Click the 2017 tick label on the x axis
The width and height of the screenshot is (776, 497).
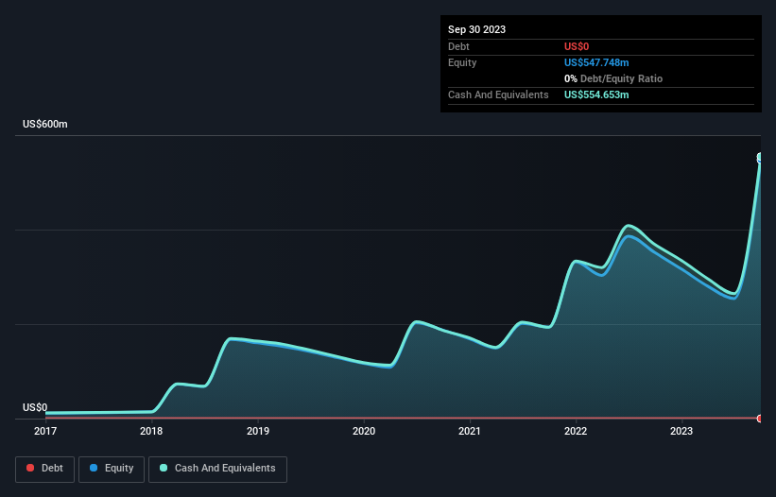(x=45, y=431)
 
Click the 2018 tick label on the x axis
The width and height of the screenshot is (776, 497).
(x=151, y=431)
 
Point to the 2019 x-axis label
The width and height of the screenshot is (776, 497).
(x=257, y=431)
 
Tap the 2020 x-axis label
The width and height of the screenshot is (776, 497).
(x=363, y=431)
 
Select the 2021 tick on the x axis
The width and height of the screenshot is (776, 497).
(x=470, y=431)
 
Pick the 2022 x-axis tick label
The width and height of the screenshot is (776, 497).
(x=576, y=431)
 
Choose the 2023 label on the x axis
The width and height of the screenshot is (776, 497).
(x=681, y=431)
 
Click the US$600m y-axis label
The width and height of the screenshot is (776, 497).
(x=45, y=125)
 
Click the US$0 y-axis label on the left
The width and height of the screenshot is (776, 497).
(x=35, y=407)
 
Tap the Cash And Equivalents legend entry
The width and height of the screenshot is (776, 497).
(x=217, y=468)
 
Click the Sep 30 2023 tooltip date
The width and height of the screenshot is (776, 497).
(x=476, y=29)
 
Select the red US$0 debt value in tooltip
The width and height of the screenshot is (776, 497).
(x=578, y=46)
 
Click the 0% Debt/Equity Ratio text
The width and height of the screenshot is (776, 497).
(x=612, y=78)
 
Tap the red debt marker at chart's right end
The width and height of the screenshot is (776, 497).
(x=760, y=418)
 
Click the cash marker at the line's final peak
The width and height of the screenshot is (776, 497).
(x=760, y=158)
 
